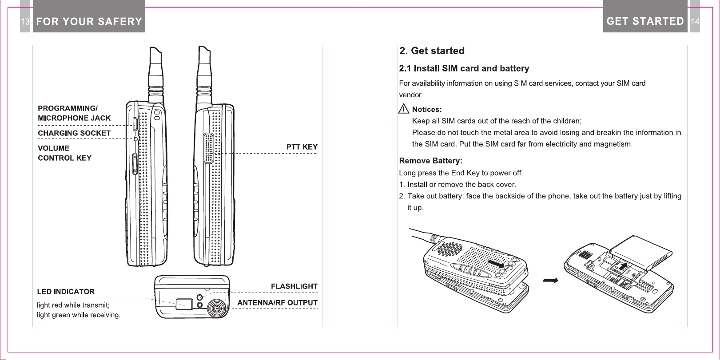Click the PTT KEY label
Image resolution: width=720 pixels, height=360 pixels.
[x=302, y=147]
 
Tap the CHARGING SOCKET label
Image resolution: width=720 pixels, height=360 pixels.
[x=74, y=133]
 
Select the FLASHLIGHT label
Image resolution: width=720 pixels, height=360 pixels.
[x=294, y=286]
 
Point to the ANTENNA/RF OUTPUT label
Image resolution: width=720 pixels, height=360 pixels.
[x=277, y=303]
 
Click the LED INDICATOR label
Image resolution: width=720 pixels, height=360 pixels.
[x=66, y=292]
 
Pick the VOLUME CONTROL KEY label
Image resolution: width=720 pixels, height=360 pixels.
[x=64, y=153]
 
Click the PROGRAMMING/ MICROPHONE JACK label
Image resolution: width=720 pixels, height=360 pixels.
[x=74, y=113]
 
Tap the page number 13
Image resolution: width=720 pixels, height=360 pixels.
[x=25, y=21]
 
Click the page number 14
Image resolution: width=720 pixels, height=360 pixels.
[x=695, y=21]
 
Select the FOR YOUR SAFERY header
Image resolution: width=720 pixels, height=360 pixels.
[x=89, y=21]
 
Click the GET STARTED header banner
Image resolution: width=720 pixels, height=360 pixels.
[x=645, y=21]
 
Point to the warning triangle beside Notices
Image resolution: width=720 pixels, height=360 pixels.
[x=403, y=109]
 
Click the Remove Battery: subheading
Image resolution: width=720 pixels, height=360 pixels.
[x=430, y=161]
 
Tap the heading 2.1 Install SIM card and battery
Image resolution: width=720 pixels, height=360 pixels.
[x=464, y=68]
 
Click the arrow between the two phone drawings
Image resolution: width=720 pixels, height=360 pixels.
[x=550, y=281]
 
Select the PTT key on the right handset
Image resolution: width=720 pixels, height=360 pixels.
[x=208, y=148]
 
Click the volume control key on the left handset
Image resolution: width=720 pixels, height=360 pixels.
[x=135, y=164]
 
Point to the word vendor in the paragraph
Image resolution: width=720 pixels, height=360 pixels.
[x=410, y=95]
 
